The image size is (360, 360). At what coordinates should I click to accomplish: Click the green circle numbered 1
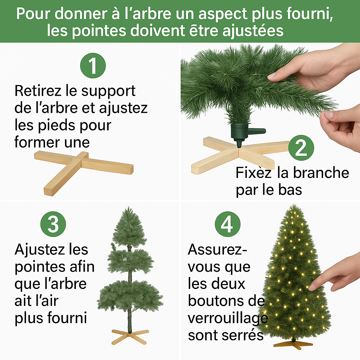click(x=93, y=66)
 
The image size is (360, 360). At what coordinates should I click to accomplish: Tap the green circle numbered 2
click(x=301, y=148)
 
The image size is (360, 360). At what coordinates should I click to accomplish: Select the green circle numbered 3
click(x=53, y=224)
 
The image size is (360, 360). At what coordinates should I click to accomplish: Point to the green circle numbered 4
click(x=227, y=224)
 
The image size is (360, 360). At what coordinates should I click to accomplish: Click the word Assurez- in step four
click(x=217, y=250)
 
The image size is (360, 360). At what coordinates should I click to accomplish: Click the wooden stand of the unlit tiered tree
click(x=130, y=337)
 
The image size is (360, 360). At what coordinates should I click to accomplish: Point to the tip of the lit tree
click(x=294, y=205)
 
